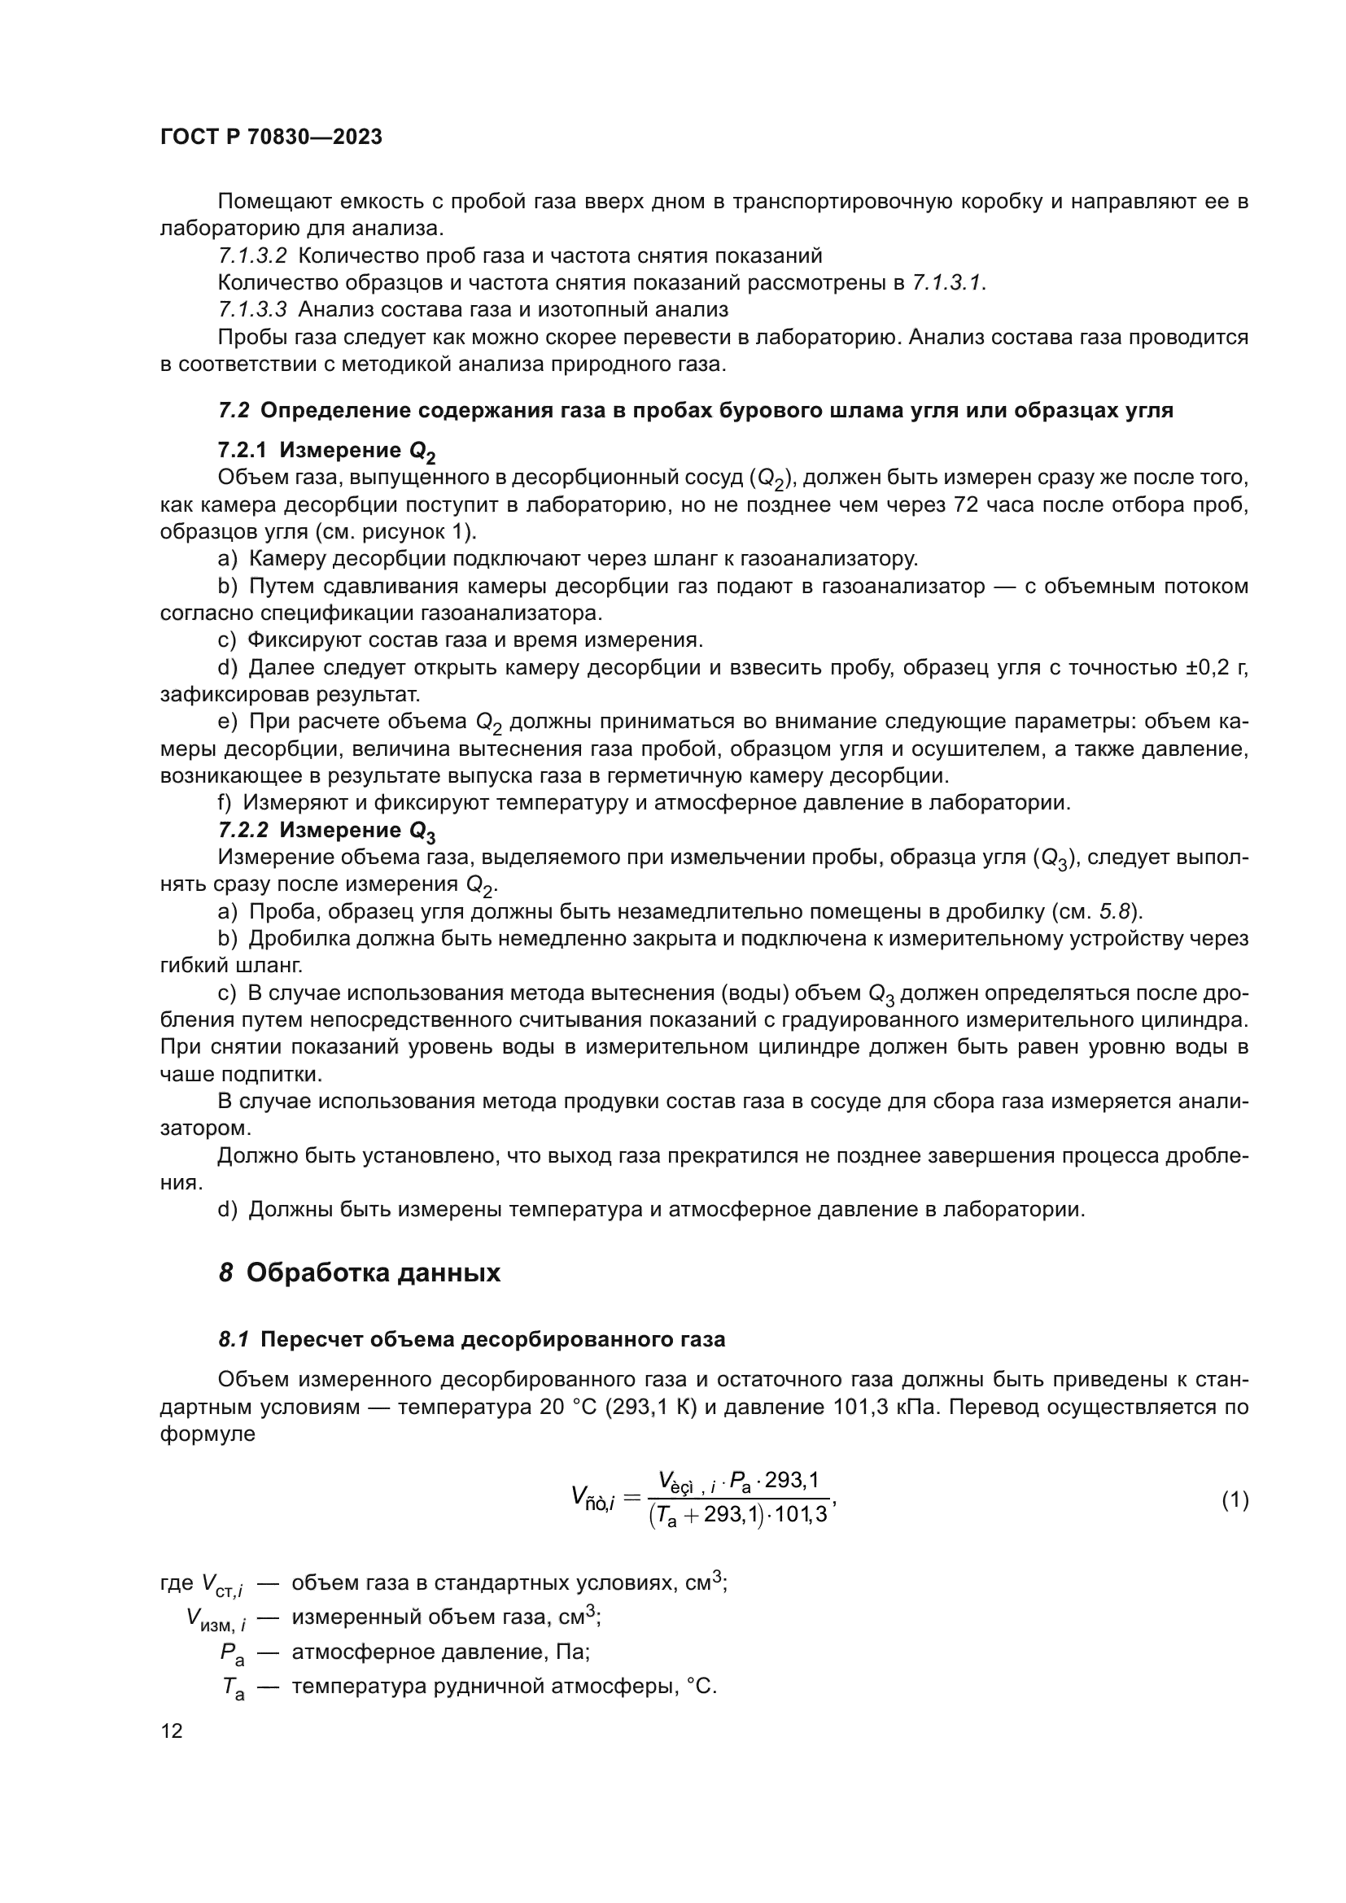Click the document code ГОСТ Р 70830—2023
click(x=271, y=137)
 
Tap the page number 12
click(x=172, y=1731)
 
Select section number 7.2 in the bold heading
click(x=234, y=411)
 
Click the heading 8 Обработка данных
click(x=360, y=1272)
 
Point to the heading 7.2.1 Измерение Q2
click(x=326, y=451)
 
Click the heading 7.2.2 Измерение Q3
click(x=326, y=831)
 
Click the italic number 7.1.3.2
click(x=253, y=256)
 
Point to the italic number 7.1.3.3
click(x=253, y=310)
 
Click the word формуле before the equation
click(x=208, y=1434)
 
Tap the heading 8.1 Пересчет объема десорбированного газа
click(x=472, y=1339)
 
